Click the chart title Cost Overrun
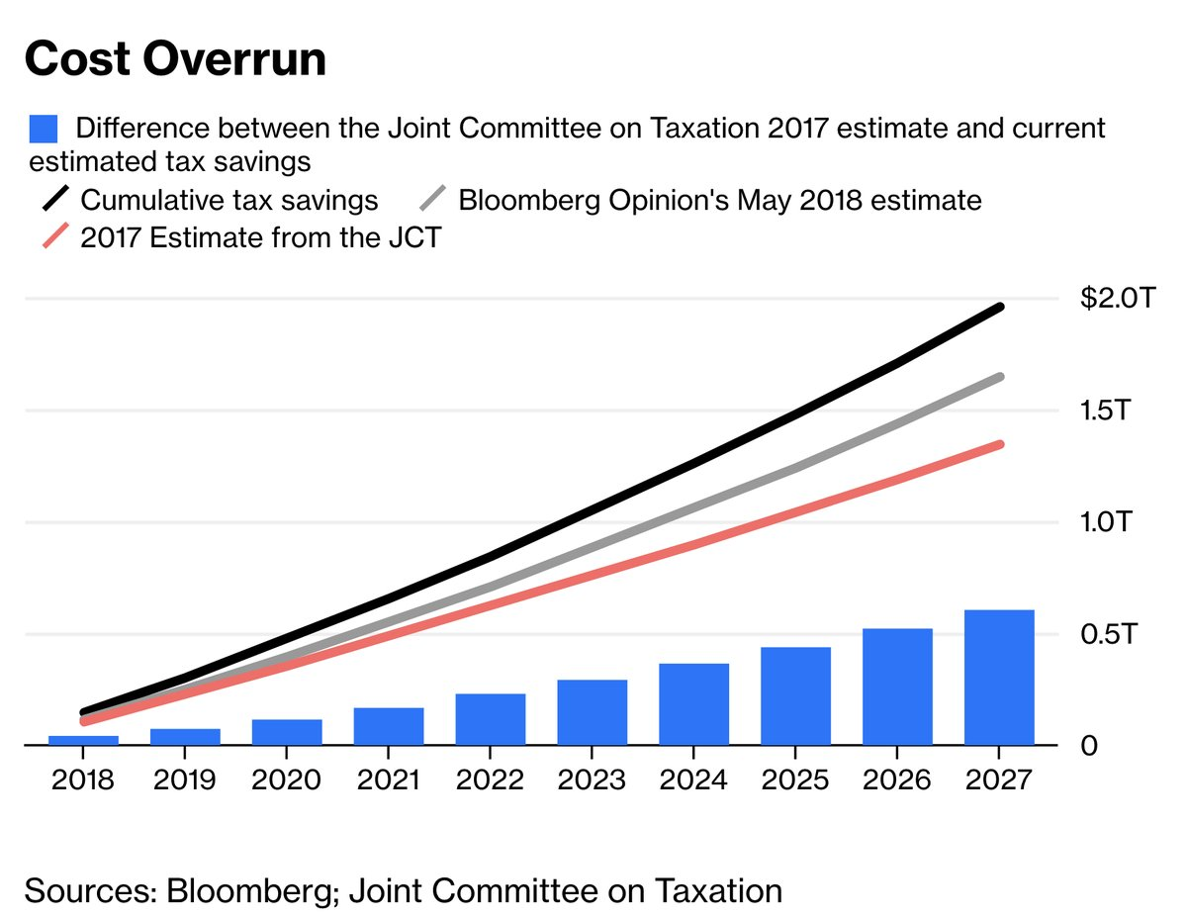click(175, 60)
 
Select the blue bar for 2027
click(999, 678)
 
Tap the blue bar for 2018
click(83, 740)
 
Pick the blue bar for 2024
click(694, 704)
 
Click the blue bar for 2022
click(491, 719)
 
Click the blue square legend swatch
click(45, 129)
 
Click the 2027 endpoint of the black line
click(1000, 308)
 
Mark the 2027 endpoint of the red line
click(1000, 445)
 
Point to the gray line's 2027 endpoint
click(1000, 377)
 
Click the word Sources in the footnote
click(85, 890)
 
